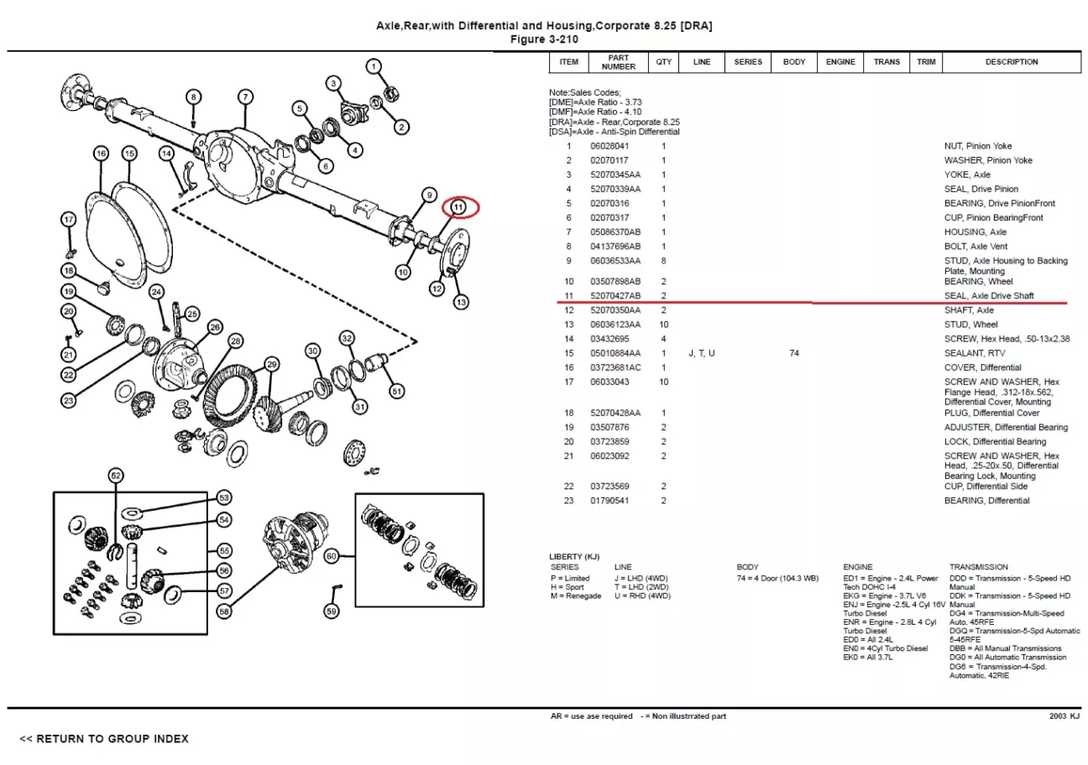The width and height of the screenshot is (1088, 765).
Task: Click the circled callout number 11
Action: pos(458,206)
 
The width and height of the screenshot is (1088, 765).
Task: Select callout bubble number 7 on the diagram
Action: pos(244,97)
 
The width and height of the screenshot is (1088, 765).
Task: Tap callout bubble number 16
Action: pos(101,154)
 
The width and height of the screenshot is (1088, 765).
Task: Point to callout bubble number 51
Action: pos(397,390)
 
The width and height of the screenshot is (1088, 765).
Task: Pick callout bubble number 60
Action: pos(332,555)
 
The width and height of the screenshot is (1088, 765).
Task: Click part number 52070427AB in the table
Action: pos(615,296)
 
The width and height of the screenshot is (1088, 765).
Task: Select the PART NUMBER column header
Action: pos(619,62)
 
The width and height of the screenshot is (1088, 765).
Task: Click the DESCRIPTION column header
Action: pos(1012,62)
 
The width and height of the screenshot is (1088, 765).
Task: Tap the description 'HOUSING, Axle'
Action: pos(976,232)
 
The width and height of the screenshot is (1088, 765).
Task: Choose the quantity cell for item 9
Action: pos(663,261)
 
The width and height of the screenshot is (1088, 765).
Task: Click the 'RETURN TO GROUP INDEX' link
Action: pos(104,739)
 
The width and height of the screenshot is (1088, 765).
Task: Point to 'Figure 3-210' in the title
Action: pos(545,39)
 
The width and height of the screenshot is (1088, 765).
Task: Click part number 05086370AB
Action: pos(615,232)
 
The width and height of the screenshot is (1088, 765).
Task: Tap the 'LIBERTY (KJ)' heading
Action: pos(574,557)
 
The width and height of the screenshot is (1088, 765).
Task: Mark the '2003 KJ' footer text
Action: pos(1064,716)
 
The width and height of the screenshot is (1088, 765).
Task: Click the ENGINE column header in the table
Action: pos(840,62)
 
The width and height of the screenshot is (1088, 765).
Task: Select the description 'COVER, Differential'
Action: pos(983,368)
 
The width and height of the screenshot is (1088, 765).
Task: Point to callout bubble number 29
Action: pos(271,364)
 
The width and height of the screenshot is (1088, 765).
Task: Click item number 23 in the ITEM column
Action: pos(568,501)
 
